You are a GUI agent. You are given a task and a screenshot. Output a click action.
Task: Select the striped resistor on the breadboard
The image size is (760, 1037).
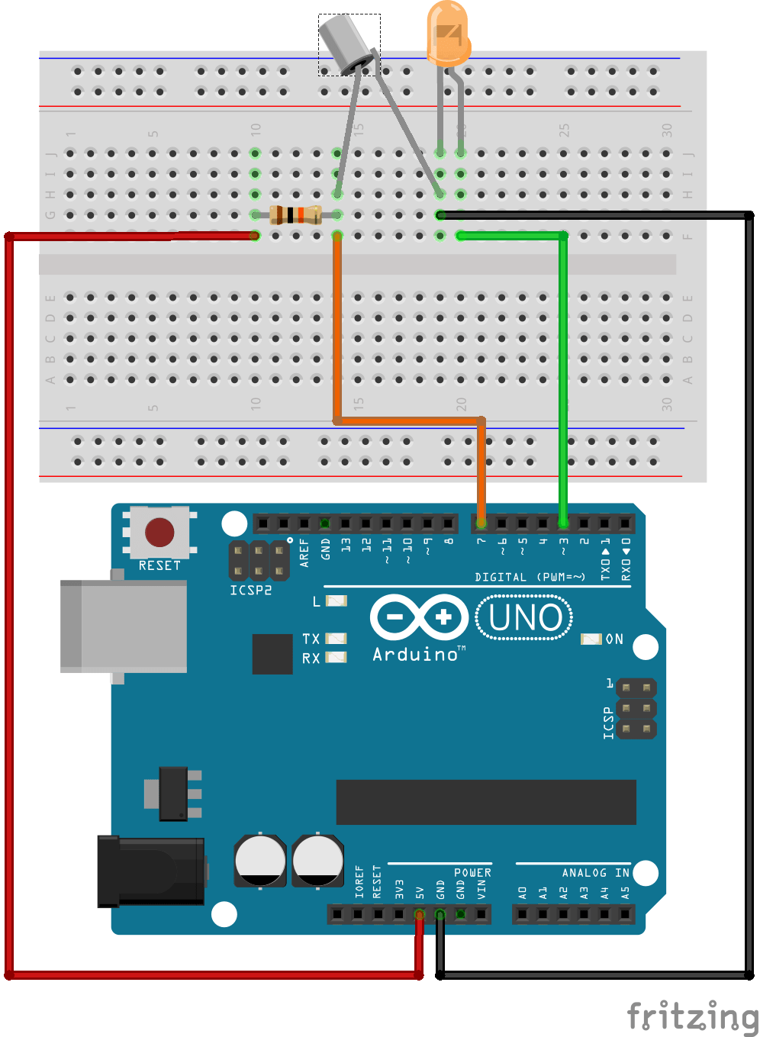295,215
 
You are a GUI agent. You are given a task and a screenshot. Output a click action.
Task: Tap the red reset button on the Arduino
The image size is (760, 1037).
159,532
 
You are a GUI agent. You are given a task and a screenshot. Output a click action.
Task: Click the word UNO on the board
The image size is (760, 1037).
525,618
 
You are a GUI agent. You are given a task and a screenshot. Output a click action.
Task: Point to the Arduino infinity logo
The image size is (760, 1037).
419,617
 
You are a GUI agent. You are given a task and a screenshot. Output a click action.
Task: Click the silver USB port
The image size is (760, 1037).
124,626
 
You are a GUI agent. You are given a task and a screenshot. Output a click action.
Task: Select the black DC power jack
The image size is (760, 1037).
151,871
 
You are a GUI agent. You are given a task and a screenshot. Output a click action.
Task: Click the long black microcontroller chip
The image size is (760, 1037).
486,802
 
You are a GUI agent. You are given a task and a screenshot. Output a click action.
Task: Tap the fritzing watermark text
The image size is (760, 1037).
691,1016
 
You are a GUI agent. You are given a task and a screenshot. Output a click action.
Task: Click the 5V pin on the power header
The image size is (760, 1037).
419,913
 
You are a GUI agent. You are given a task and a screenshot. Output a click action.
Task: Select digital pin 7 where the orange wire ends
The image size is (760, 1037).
481,523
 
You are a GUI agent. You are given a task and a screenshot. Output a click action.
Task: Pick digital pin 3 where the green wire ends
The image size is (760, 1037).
563,523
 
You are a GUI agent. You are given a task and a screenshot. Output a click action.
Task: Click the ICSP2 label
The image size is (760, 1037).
250,590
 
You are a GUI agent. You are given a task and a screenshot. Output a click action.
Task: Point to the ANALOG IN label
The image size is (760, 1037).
595,873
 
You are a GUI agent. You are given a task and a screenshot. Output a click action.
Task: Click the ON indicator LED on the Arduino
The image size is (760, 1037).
591,639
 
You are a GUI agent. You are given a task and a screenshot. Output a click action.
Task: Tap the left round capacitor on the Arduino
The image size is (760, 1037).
260,861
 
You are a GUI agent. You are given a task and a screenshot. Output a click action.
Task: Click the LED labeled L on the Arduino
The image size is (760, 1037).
337,601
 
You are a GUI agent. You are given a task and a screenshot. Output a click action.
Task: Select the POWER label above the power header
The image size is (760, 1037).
472,873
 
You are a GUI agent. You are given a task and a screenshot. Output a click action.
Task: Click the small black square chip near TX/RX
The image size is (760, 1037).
272,654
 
